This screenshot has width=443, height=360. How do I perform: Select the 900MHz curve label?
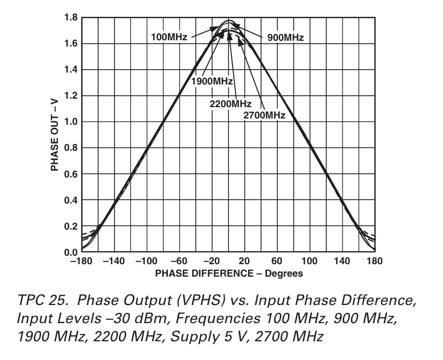(x=285, y=37)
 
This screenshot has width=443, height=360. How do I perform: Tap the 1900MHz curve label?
(x=212, y=81)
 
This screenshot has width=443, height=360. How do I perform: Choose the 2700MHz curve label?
(x=264, y=115)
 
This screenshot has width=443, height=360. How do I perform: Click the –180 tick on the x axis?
(x=81, y=261)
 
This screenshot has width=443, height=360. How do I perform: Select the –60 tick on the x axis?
(x=180, y=261)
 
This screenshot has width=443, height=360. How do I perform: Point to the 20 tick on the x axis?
(x=244, y=261)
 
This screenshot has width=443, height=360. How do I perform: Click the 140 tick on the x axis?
(x=342, y=261)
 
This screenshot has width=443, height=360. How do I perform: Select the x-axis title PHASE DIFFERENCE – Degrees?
(x=229, y=273)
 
